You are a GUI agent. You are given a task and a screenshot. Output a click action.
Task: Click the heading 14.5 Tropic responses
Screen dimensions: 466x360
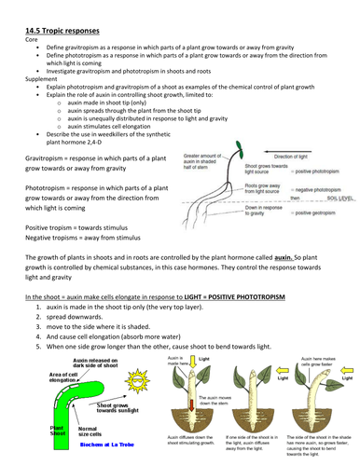[61, 7]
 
